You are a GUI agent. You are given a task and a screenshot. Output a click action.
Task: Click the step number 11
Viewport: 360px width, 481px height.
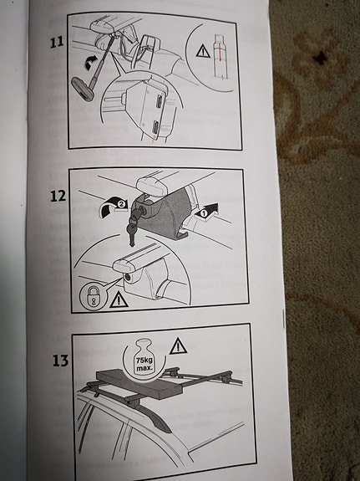tap(57, 42)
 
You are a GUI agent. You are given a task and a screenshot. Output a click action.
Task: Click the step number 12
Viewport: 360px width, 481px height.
tap(58, 196)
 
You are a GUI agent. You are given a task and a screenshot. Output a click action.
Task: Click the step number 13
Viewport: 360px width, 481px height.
tap(61, 361)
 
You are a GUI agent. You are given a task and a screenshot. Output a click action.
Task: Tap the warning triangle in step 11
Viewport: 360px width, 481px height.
tap(203, 51)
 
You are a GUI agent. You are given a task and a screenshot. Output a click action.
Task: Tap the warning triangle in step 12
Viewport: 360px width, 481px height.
tap(119, 299)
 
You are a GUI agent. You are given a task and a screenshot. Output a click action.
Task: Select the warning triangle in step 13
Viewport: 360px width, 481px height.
tap(178, 346)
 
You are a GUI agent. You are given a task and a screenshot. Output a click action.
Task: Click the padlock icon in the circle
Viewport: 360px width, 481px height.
tap(92, 296)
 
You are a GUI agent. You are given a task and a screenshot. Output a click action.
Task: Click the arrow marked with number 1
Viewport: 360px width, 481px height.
tap(206, 212)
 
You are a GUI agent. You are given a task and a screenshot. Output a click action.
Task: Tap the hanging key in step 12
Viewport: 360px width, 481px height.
tap(132, 233)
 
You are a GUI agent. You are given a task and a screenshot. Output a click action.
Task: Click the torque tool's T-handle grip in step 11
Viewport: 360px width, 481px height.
tap(83, 90)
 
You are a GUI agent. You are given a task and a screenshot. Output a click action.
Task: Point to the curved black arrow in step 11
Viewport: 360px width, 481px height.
tap(91, 62)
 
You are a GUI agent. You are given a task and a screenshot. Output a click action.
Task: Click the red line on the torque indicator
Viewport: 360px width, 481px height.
tap(220, 52)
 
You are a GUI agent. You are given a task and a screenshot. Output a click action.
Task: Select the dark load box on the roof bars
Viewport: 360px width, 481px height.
tap(139, 383)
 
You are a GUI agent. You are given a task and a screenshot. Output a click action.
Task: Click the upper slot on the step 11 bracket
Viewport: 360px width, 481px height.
tap(159, 101)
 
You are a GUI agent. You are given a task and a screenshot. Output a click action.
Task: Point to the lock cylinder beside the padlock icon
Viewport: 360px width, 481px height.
tap(128, 278)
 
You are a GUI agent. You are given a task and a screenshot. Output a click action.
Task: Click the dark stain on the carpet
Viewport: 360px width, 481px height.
tap(321, 58)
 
